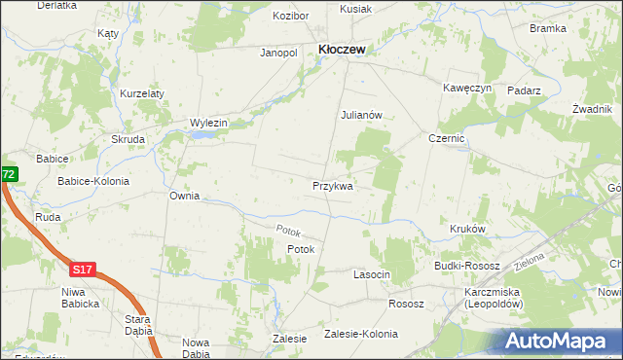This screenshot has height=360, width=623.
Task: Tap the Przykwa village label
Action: click(332, 185)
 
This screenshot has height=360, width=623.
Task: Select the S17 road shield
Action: click(84, 266)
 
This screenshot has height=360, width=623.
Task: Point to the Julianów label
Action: click(366, 114)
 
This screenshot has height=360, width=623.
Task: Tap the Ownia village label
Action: click(184, 196)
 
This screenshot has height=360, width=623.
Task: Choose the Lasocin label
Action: click(371, 275)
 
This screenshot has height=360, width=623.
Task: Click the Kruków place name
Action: click(467, 230)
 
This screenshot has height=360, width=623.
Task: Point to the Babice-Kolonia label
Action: click(93, 181)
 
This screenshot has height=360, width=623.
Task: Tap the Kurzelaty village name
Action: click(142, 93)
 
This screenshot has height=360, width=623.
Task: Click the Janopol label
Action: click(277, 53)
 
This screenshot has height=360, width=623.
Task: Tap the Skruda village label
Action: click(128, 139)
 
